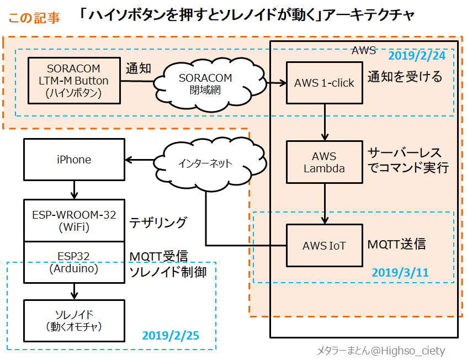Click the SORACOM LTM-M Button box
[x=74, y=81]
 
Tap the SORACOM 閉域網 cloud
[x=205, y=83]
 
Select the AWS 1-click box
[x=324, y=83]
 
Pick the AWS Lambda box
[x=324, y=162]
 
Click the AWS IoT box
[x=324, y=245]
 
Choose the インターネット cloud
[x=205, y=163]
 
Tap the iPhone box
[x=74, y=160]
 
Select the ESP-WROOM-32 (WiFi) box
[x=74, y=220]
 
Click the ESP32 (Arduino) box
[x=74, y=262]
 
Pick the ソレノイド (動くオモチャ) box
[x=74, y=320]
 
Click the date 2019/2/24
[x=417, y=56]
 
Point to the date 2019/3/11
[x=400, y=273]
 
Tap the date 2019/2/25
[x=171, y=335]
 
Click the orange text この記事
[x=34, y=18]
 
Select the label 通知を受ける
[x=405, y=77]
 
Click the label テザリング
[x=158, y=223]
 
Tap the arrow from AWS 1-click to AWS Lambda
[x=324, y=121]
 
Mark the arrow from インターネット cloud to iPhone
[x=140, y=160]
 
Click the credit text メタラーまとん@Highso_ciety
[x=380, y=351]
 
